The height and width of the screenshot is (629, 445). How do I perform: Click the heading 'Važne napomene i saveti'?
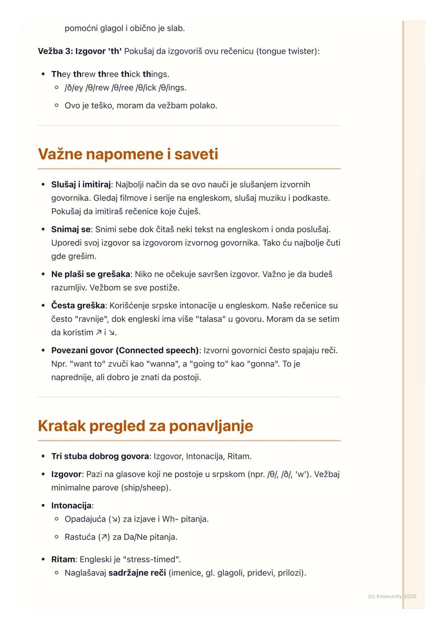click(128, 154)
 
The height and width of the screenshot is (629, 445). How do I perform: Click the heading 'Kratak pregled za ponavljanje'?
click(145, 426)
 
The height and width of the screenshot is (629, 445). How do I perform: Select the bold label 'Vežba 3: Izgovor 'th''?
click(80, 51)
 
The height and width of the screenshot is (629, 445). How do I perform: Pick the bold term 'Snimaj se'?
click(70, 229)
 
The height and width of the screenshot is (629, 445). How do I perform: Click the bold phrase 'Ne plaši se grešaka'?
click(90, 274)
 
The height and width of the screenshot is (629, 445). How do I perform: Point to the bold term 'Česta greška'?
click(78, 305)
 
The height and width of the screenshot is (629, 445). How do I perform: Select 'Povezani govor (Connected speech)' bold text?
click(125, 350)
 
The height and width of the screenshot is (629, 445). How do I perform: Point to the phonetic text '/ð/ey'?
click(74, 88)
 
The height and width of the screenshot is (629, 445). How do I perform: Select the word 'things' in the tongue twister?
click(156, 74)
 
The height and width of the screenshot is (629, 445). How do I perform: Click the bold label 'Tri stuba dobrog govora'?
click(100, 456)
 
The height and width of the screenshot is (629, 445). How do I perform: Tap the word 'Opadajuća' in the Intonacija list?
click(85, 519)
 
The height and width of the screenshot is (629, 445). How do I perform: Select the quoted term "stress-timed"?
click(152, 559)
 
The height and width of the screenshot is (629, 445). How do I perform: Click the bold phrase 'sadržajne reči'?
click(137, 573)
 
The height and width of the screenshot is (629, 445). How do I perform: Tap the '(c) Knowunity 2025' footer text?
click(392, 596)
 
